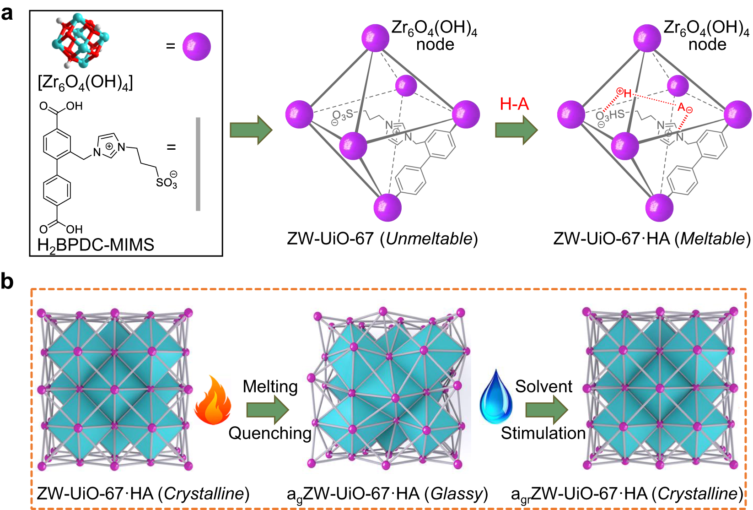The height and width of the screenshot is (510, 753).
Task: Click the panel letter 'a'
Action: (7, 13)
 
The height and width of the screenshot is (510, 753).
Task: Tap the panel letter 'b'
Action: (7, 281)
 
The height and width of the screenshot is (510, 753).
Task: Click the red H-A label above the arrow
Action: (514, 104)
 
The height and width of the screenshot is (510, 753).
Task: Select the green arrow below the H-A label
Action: (516, 130)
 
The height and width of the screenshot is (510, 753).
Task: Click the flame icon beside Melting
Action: (213, 401)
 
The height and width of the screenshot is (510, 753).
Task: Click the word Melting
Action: (270, 386)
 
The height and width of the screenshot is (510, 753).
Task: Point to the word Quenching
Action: (270, 433)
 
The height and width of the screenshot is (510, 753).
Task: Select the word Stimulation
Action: (543, 433)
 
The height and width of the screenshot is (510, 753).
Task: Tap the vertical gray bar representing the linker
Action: (198, 164)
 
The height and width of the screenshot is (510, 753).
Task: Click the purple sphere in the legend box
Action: (197, 46)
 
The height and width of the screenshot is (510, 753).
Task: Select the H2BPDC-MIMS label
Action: (96, 245)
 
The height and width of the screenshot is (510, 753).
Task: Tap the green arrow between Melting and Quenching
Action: (268, 409)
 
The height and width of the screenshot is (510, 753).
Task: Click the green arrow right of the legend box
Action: (251, 130)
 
